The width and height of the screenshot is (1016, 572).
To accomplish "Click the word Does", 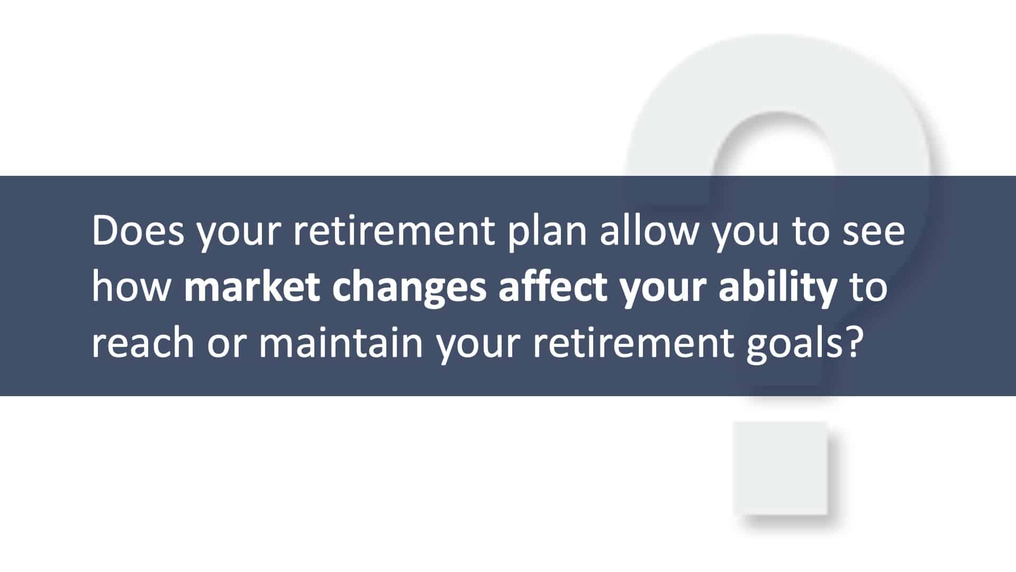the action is pos(138,231).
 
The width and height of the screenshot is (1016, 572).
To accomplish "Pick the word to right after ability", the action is pos(868,288).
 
